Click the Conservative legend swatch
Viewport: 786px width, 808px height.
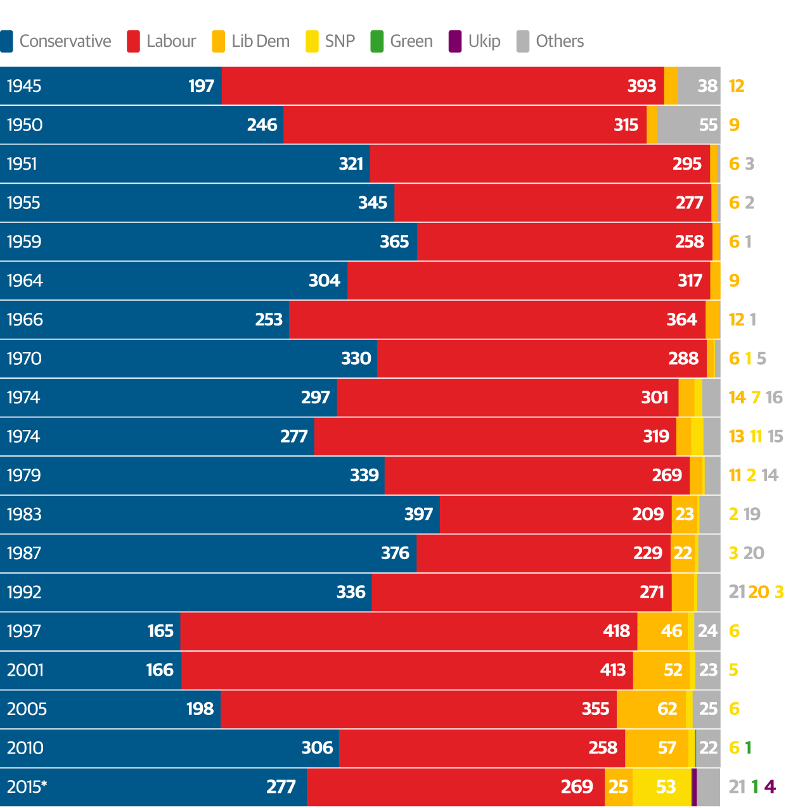tap(6, 41)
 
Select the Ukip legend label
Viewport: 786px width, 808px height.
tap(484, 41)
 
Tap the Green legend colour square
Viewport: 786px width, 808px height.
tap(377, 41)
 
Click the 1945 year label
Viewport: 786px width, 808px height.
tap(24, 86)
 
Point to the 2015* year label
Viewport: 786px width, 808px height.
tap(27, 786)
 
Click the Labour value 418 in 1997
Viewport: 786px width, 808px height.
tap(616, 631)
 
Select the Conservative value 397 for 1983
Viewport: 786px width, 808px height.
tap(418, 514)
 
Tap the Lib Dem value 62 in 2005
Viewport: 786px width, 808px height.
tap(667, 709)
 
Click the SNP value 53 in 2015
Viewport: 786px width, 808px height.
tap(666, 786)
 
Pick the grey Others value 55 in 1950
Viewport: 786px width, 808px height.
tap(708, 125)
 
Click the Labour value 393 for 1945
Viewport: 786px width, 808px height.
tap(641, 86)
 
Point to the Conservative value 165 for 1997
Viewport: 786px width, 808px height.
tap(160, 631)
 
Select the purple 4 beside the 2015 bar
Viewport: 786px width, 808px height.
tap(770, 786)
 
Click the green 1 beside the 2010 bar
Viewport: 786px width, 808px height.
tap(749, 748)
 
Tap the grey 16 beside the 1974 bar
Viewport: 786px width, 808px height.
tap(774, 398)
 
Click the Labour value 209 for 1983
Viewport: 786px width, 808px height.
tap(648, 514)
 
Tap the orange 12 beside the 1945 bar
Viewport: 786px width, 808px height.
tap(737, 86)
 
